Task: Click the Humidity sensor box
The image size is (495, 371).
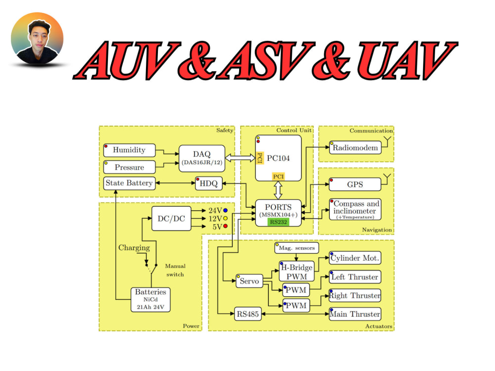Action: click(x=129, y=150)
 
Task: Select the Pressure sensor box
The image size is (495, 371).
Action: click(x=129, y=167)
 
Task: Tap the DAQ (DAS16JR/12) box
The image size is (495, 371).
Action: click(x=202, y=158)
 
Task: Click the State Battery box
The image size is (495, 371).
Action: click(x=129, y=184)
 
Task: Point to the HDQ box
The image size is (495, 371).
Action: click(x=209, y=184)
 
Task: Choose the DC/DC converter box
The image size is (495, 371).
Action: click(x=171, y=219)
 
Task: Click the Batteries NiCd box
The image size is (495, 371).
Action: click(x=150, y=300)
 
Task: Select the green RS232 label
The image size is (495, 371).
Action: click(x=278, y=222)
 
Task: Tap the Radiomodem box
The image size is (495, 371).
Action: click(x=355, y=147)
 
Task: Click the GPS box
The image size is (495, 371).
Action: click(x=355, y=184)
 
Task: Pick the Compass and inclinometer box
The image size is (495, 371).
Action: click(x=355, y=209)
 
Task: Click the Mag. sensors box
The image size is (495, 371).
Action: click(x=297, y=248)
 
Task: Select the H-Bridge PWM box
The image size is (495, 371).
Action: click(x=297, y=271)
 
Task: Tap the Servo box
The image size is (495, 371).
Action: click(x=249, y=281)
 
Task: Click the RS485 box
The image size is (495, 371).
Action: click(x=248, y=314)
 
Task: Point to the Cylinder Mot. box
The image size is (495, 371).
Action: click(x=355, y=258)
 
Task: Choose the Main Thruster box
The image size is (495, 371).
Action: click(x=355, y=314)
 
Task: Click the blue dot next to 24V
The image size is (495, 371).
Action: click(x=225, y=210)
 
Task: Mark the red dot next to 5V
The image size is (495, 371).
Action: click(x=225, y=226)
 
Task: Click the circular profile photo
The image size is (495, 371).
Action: click(x=37, y=39)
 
